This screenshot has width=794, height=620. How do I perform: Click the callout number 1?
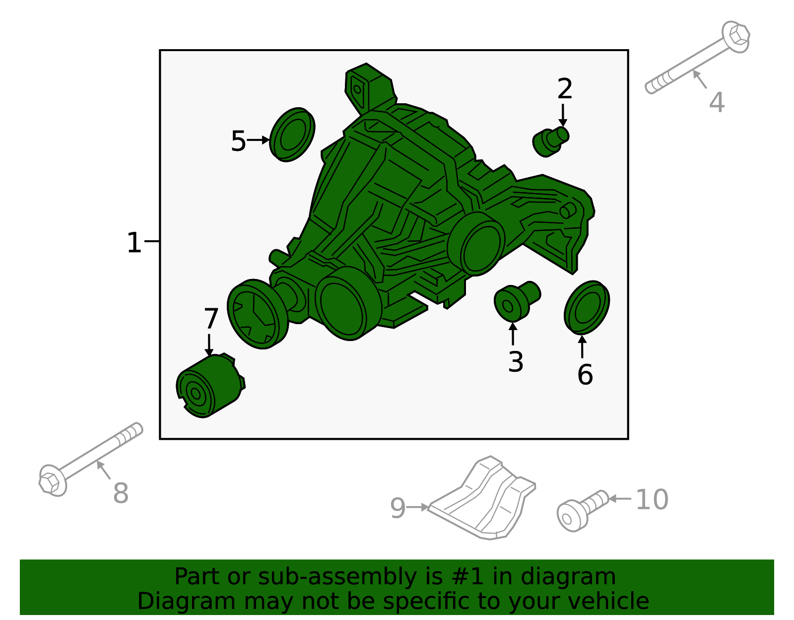point(133,243)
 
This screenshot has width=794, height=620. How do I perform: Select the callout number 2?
point(565,89)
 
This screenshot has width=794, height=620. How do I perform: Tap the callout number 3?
point(516,362)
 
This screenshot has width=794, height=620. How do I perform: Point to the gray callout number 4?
point(717,102)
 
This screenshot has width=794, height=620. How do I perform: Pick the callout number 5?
point(238,141)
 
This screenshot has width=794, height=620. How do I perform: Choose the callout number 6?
point(585,375)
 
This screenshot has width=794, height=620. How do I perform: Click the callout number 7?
point(211,319)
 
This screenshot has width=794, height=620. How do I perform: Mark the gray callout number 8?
point(121,493)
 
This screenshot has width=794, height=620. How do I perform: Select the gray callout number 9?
point(398,508)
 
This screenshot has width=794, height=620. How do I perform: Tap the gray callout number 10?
point(652,499)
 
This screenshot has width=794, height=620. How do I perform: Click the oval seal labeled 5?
point(292,135)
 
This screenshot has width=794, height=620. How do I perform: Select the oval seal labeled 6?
point(587,308)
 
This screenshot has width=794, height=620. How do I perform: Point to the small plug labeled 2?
point(550,142)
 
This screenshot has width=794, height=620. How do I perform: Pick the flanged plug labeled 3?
point(517,302)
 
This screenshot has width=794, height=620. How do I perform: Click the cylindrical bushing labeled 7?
point(210,386)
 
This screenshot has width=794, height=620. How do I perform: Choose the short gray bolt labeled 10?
point(583,511)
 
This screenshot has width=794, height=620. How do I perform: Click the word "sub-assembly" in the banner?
point(337,576)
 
